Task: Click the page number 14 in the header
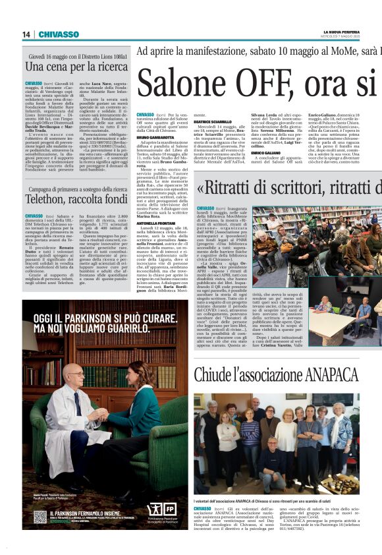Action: click(26, 34)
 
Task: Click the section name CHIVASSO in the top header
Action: click(59, 34)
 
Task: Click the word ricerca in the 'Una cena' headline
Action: click(106, 67)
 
